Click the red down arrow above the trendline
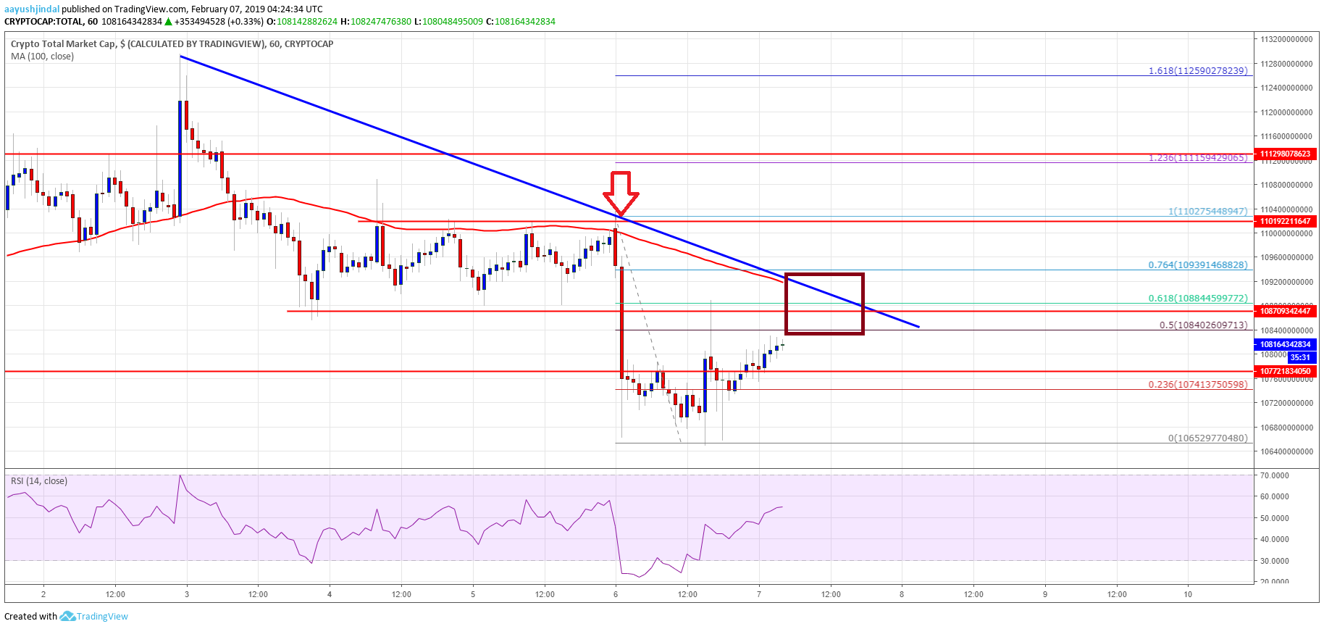(x=621, y=193)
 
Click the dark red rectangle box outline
(x=824, y=275)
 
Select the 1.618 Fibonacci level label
(x=1197, y=71)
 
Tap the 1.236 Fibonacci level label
(x=1197, y=157)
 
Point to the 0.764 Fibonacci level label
(x=1197, y=265)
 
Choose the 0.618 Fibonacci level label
(x=1197, y=299)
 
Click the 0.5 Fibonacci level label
(x=1203, y=325)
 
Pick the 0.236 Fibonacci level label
(x=1197, y=385)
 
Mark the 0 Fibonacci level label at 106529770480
(x=1207, y=438)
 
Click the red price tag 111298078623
(x=1286, y=154)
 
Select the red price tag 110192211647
(x=1286, y=221)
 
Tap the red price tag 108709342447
(x=1286, y=311)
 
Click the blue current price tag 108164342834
(x=1286, y=344)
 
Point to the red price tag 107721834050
(x=1286, y=371)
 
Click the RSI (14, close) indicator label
(x=39, y=481)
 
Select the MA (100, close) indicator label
(x=42, y=57)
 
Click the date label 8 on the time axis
(x=902, y=594)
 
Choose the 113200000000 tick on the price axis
(x=1286, y=39)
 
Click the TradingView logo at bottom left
(x=94, y=617)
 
